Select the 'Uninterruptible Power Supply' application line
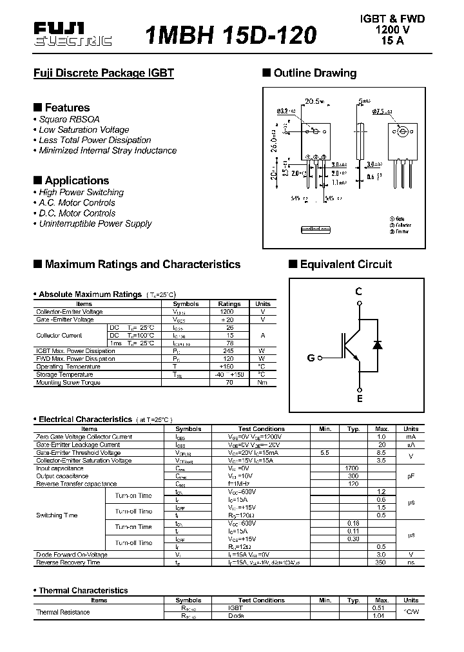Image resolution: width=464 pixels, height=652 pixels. point(95,224)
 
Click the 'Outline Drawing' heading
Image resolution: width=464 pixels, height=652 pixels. point(314,73)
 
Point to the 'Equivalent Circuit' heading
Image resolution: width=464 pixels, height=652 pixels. point(345,264)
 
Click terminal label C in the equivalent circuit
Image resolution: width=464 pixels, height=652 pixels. point(359,291)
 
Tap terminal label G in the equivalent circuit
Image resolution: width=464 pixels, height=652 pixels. point(311,358)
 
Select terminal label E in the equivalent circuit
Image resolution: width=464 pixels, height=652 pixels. point(360,399)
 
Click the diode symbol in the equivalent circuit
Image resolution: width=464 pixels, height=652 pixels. point(378,345)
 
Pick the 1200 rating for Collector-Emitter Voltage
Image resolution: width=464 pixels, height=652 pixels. point(227,312)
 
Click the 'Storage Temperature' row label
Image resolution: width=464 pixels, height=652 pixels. point(64,374)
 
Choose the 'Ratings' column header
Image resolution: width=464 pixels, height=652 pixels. point(229,303)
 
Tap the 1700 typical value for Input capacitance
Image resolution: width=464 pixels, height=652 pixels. point(353,468)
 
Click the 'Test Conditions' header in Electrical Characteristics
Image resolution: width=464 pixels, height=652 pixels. point(261,428)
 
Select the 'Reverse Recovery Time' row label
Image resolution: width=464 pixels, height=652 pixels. point(68,562)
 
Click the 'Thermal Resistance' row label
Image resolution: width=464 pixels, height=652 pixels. point(63,612)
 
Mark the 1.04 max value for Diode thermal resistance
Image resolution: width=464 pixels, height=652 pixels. point(379,616)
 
